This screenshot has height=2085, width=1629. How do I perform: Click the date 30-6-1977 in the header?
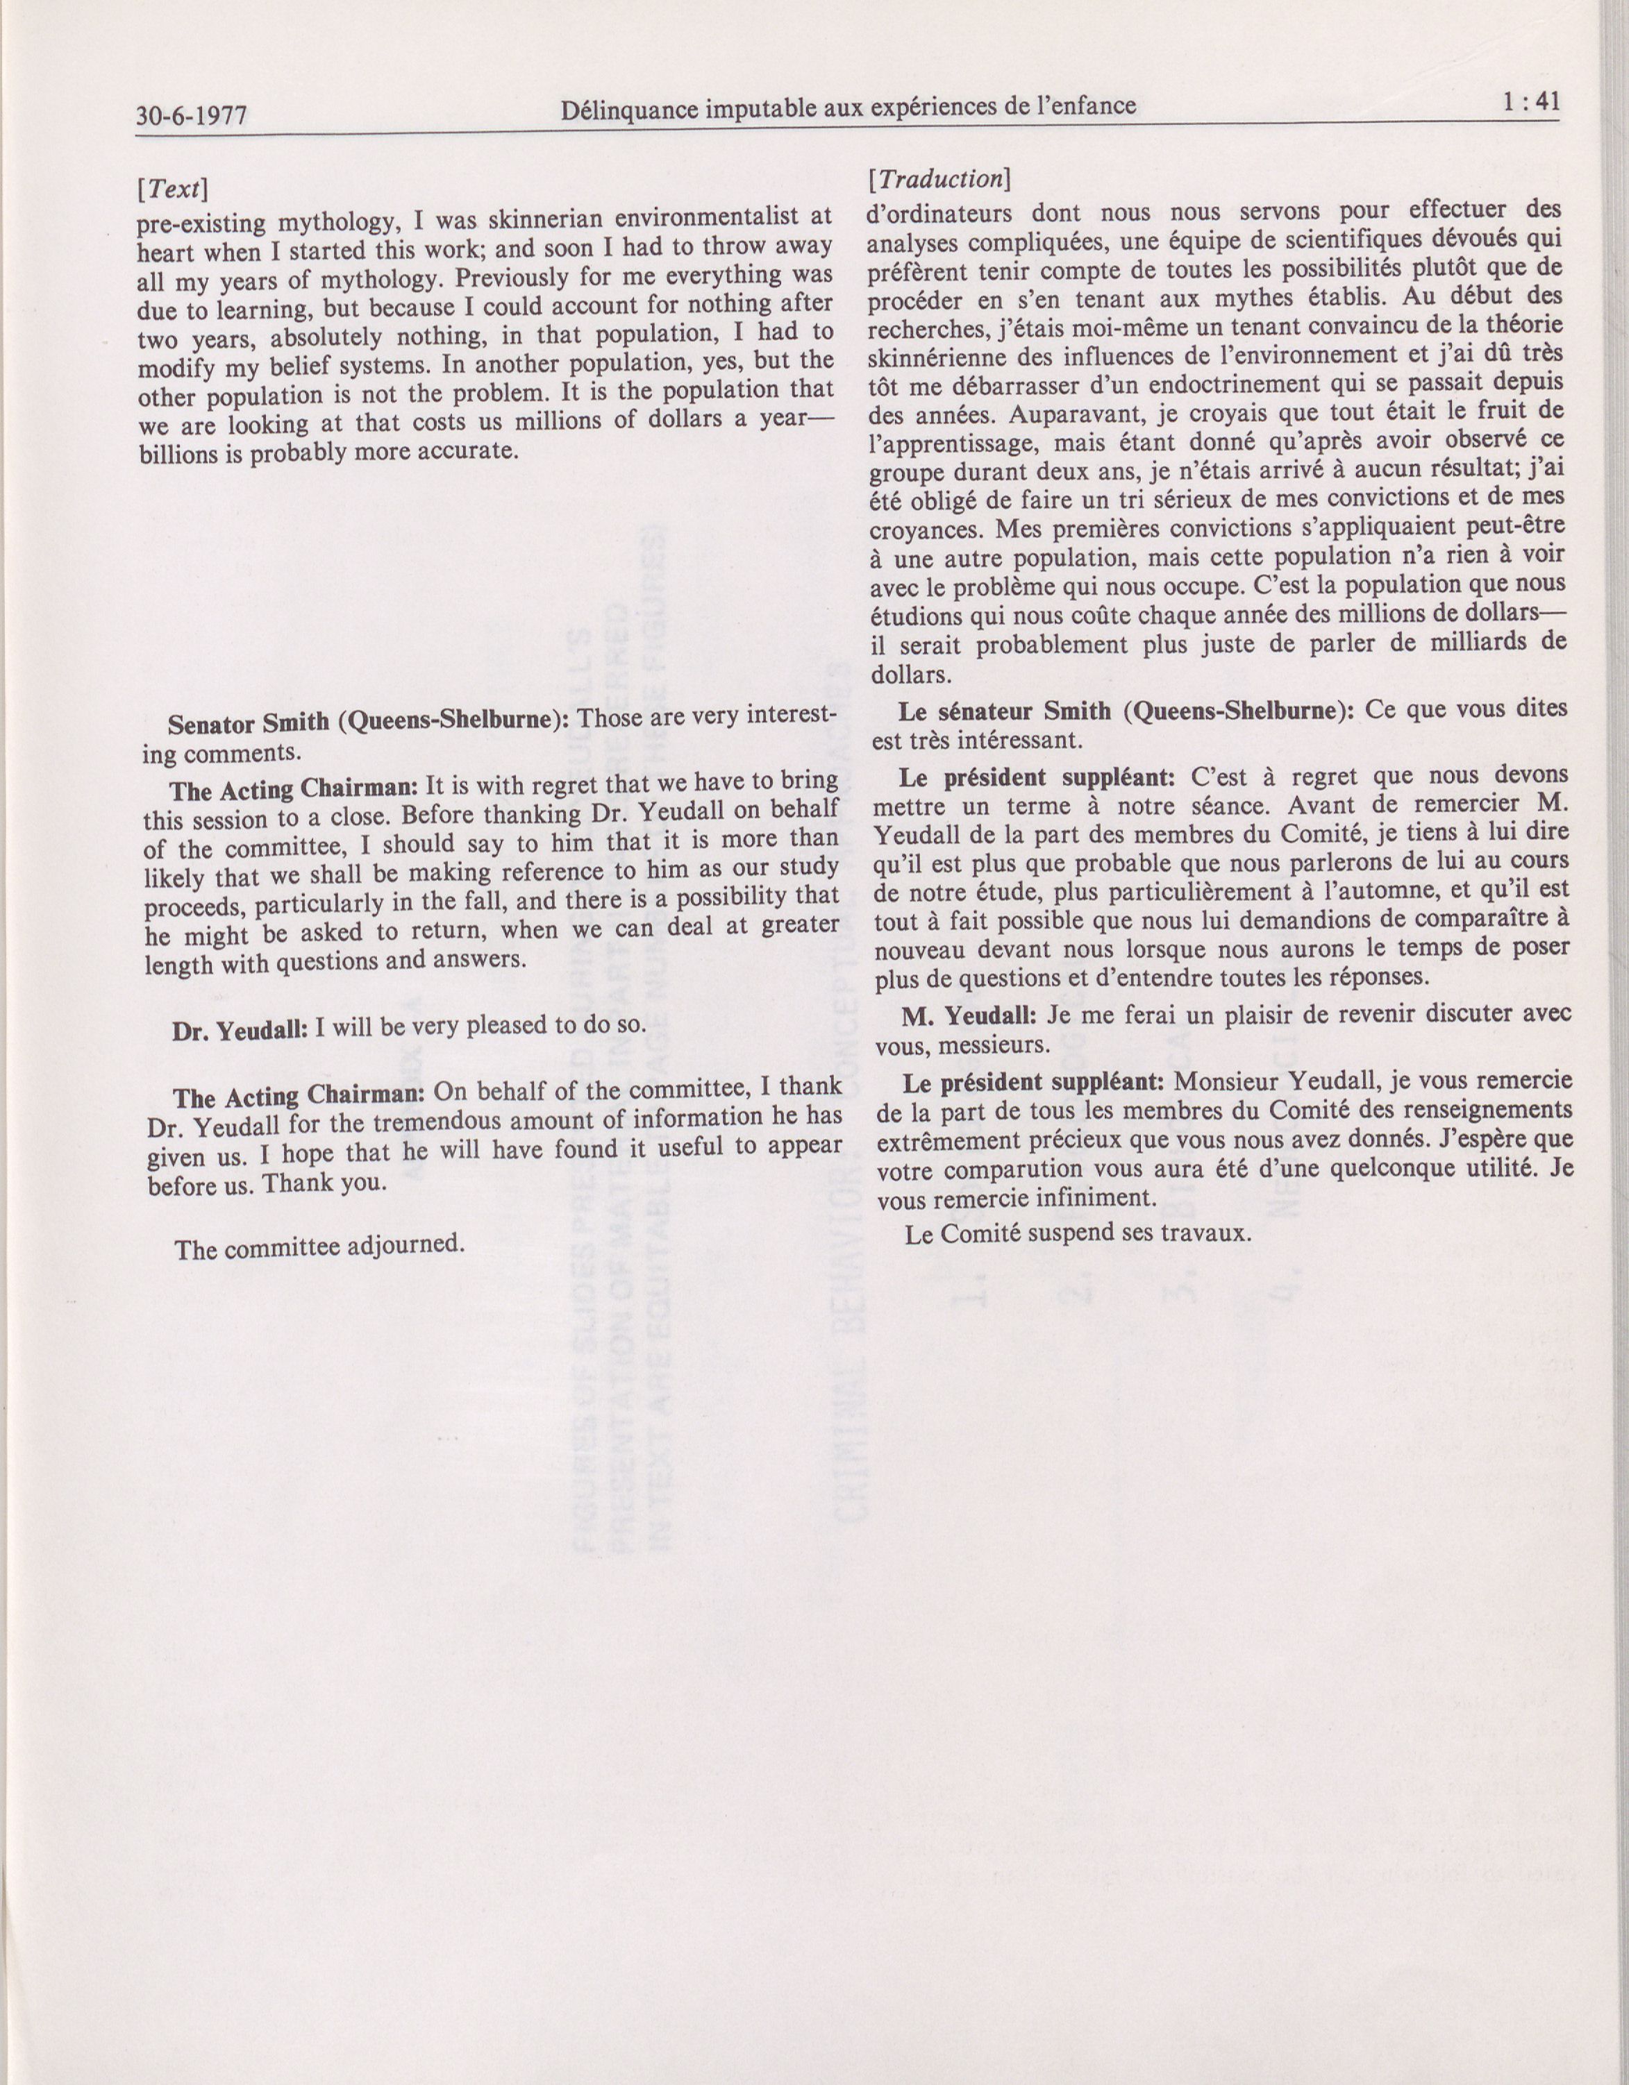tap(192, 115)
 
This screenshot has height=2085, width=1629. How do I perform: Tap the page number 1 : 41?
tap(1530, 101)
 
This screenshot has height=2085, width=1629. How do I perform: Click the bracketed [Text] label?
tap(172, 189)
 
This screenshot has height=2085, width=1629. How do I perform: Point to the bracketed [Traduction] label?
tap(937, 178)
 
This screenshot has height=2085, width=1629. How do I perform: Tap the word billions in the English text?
tap(178, 455)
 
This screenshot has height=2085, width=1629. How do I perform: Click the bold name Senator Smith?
tap(249, 723)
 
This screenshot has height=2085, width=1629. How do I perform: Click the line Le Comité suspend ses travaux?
tap(1077, 1233)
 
